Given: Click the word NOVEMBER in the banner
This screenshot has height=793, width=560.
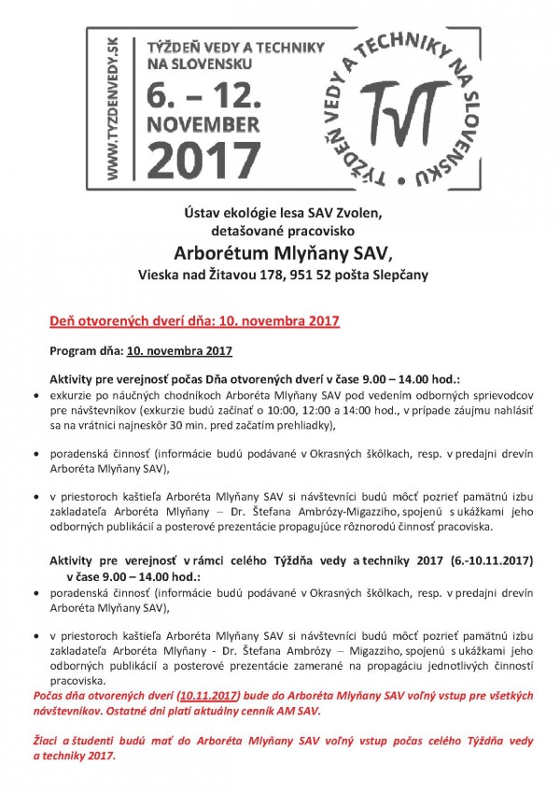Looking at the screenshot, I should coord(203,123).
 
